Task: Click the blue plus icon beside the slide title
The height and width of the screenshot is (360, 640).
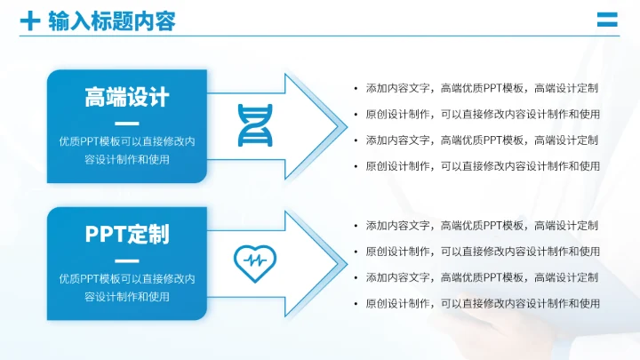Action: tap(30, 20)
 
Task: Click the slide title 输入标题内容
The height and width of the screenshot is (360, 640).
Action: tap(111, 20)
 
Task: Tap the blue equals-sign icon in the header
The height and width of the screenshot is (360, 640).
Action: tap(607, 20)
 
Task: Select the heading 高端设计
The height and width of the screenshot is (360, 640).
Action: tap(127, 97)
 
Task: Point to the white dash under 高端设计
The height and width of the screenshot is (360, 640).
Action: tap(127, 124)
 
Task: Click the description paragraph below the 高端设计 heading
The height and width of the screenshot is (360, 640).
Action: tap(127, 150)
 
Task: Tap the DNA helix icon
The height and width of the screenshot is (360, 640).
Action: tap(254, 124)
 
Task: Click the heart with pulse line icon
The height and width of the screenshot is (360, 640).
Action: tap(254, 260)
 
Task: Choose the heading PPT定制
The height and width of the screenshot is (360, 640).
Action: tap(127, 234)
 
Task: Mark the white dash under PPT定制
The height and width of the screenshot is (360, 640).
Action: tap(127, 260)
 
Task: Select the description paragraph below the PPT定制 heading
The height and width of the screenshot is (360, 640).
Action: tap(127, 287)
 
